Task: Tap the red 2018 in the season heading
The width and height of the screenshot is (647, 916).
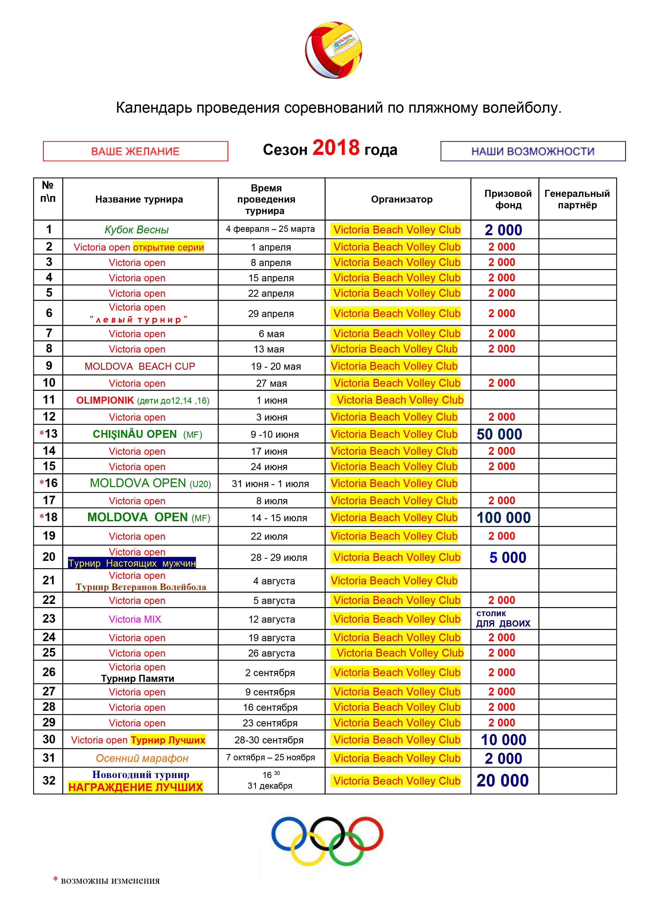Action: [336, 148]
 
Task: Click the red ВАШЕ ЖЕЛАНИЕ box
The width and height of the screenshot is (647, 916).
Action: [135, 151]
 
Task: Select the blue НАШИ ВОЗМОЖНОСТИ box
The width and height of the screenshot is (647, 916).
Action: [533, 151]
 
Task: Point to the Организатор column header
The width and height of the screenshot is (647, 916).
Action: [401, 199]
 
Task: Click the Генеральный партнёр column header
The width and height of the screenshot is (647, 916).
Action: [577, 199]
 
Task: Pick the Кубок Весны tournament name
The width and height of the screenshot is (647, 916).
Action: [137, 230]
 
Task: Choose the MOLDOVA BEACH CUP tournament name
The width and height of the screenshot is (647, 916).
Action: [140, 366]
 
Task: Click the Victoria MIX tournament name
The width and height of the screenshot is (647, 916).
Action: [135, 619]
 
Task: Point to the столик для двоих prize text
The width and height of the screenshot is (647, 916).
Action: [503, 619]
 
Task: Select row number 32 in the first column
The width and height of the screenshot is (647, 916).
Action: [49, 780]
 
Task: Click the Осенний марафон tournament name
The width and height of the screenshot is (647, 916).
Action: [142, 759]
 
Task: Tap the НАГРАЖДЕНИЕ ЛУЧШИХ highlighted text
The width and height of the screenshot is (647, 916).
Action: [135, 787]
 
